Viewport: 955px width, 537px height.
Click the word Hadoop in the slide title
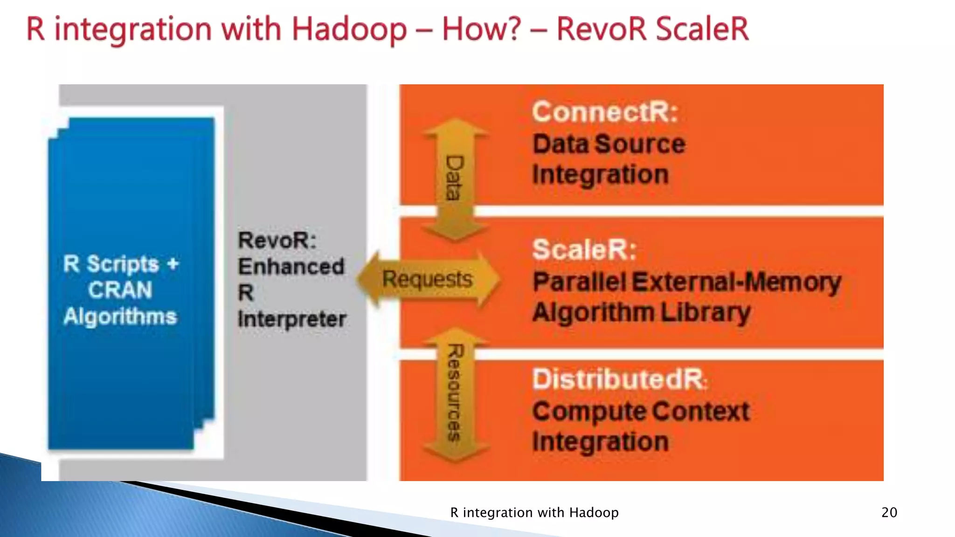[x=349, y=29]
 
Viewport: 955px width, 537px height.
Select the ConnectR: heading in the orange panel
[x=605, y=112]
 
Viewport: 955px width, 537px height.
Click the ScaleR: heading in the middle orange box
[x=584, y=249]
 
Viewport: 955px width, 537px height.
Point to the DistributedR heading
[x=619, y=379]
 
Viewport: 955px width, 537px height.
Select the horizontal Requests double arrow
[x=428, y=279]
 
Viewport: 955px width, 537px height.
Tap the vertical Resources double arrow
[x=455, y=394]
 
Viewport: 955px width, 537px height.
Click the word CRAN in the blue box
[x=120, y=290]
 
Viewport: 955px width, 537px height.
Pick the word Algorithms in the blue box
[x=120, y=316]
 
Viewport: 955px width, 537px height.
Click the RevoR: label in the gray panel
[x=277, y=241]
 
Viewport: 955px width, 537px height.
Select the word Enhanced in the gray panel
[x=291, y=267]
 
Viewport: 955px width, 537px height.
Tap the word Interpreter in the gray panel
[x=292, y=319]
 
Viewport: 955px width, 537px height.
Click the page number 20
[x=889, y=512]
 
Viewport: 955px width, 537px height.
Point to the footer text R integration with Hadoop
[x=534, y=512]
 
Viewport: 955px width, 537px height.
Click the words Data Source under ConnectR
[x=609, y=144]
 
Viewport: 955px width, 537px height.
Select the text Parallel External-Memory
[x=687, y=282]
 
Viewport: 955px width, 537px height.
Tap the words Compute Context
[x=641, y=412]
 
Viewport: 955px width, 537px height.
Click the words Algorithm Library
[x=642, y=312]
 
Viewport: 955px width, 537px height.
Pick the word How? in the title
[x=481, y=29]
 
